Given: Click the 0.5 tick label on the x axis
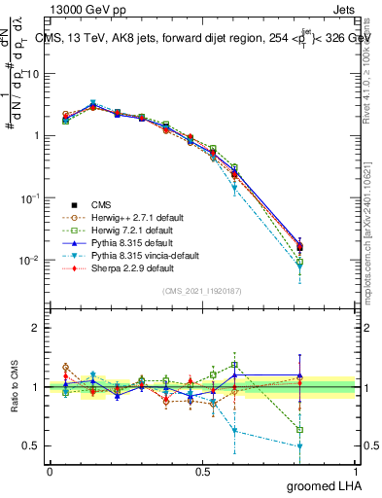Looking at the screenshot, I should click(202, 472).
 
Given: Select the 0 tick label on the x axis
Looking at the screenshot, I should click(50, 472).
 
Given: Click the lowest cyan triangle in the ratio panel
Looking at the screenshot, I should click(300, 446).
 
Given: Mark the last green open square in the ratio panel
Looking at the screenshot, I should click(300, 429).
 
